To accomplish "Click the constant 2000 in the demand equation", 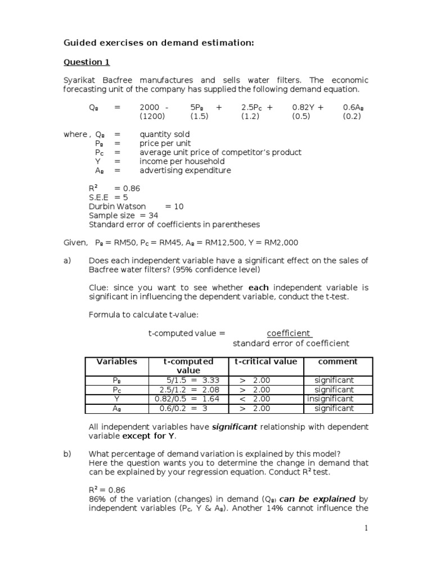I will coord(150,107).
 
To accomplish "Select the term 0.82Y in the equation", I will coord(305,107).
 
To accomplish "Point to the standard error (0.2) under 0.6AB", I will coord(352,116).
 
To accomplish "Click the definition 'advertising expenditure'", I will coord(185,170).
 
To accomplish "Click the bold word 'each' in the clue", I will coord(258,287).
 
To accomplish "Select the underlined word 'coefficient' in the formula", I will coord(289,333).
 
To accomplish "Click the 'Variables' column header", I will coord(116,362).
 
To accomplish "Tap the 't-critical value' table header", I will coord(265,362).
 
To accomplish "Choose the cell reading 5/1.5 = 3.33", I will coord(188,380).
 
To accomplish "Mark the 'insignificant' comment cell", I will coord(331,399).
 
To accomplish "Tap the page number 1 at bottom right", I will coord(366,528).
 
